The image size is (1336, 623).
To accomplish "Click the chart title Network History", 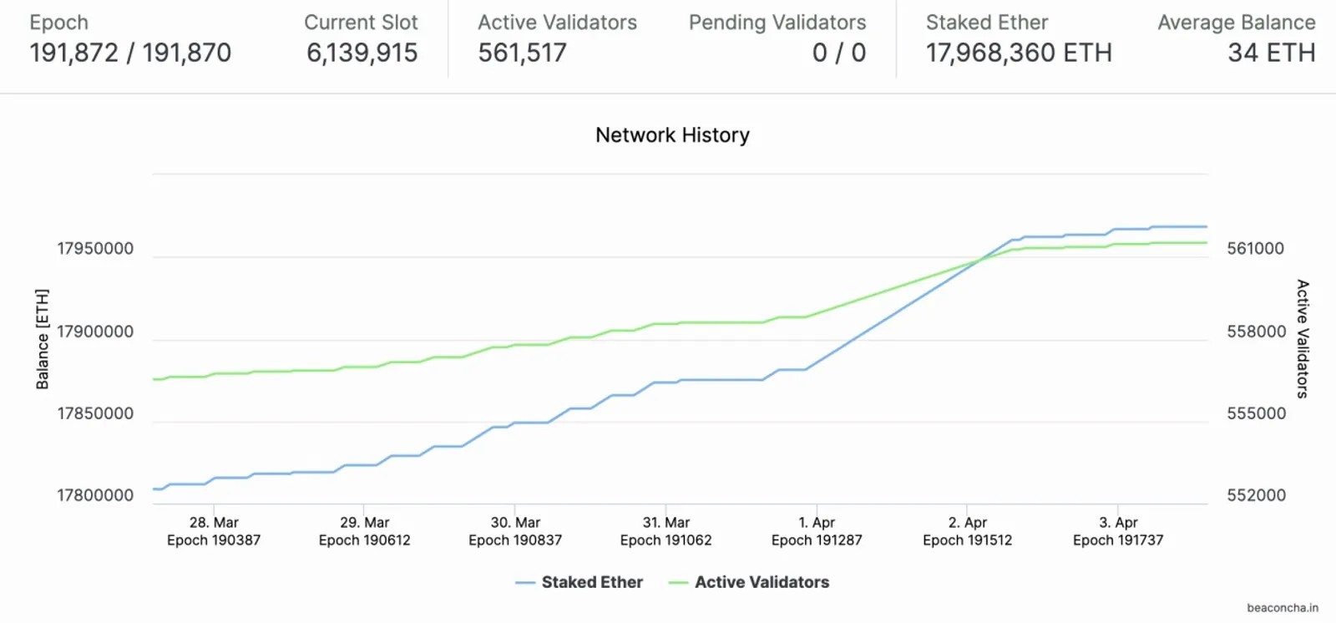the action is pos(672,134).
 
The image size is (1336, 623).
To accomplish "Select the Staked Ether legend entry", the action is pos(579,582).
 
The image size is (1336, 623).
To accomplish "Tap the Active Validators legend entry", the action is pos(748,582).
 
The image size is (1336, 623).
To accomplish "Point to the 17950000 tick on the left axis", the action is pos(95,248).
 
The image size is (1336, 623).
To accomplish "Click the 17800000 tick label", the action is pos(95,495).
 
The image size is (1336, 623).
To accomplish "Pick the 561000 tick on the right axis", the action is pos(1256,248).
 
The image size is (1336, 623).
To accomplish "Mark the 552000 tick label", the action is pos(1256,495).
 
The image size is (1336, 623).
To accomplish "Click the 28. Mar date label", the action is pos(214,522).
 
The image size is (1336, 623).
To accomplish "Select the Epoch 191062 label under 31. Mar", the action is pos(666,540).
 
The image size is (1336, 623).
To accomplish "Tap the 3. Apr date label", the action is pos(1118,522).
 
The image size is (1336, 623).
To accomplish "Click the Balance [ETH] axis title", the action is pos(43,339).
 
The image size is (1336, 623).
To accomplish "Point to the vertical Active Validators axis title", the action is pos(1303,338).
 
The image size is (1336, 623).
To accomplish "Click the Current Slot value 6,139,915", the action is pos(362,53).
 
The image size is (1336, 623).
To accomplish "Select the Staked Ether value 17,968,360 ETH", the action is pos(1019,53).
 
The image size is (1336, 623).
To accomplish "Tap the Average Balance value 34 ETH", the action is pos(1272,53).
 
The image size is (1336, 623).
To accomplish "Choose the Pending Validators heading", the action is pos(777,22).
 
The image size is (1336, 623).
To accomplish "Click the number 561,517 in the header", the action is pos(522,53).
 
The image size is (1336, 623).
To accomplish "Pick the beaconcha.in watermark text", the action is pos(1283,607).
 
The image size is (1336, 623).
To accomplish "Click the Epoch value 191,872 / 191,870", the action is pos(130,53).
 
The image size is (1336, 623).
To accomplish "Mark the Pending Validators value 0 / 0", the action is pos(839,53).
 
